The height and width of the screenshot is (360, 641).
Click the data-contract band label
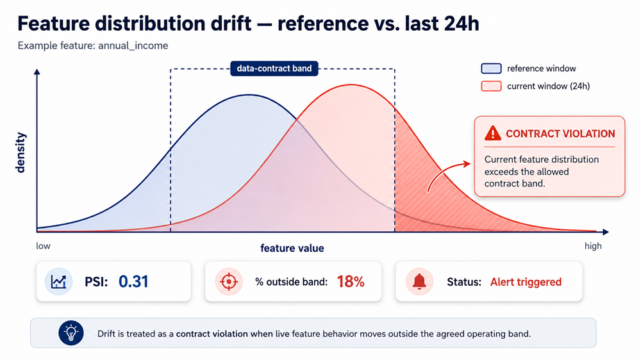click(x=274, y=69)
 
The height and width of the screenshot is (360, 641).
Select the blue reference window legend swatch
click(x=491, y=69)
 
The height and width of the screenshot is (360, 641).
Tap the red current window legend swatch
click(x=491, y=86)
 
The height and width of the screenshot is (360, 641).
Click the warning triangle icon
click(x=492, y=133)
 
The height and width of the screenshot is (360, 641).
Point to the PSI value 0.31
click(x=133, y=282)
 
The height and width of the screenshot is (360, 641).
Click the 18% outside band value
click(x=351, y=282)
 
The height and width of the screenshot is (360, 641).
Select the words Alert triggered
click(x=526, y=282)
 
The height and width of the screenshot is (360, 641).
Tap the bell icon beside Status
click(x=419, y=282)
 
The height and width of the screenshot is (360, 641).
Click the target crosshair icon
click(x=229, y=282)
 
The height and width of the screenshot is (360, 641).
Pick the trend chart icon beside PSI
click(x=58, y=282)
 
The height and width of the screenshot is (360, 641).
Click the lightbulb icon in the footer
click(x=71, y=333)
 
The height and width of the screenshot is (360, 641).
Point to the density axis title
click(x=20, y=152)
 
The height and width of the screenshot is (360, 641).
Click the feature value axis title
click(x=292, y=248)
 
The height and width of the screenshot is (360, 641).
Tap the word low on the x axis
click(x=44, y=246)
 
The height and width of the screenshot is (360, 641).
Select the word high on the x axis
click(x=593, y=246)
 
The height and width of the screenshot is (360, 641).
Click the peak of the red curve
click(x=351, y=85)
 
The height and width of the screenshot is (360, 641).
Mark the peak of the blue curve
click(x=249, y=95)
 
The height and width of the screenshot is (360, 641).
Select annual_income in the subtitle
click(x=133, y=45)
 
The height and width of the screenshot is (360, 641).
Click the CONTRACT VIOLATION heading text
click(x=560, y=134)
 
